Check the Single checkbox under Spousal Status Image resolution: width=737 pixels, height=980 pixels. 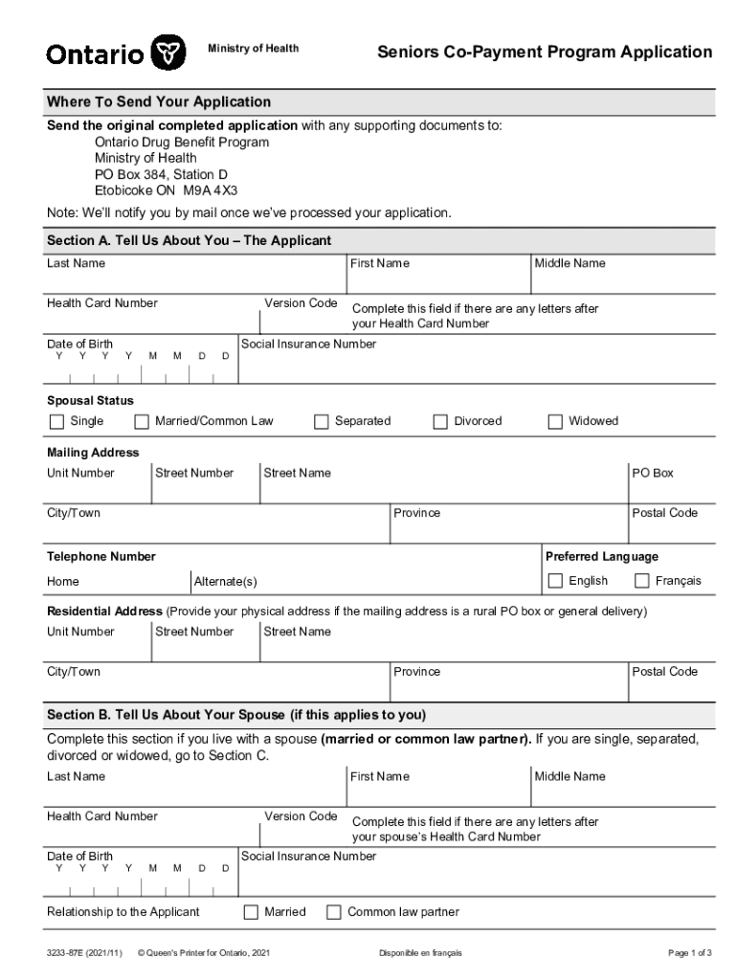click(57, 422)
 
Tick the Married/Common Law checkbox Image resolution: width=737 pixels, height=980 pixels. click(142, 422)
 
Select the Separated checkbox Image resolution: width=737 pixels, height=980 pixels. click(322, 422)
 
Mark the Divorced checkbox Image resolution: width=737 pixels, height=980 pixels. click(440, 422)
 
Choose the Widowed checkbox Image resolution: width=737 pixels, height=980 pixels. click(555, 422)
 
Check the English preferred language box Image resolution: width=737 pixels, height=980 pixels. click(555, 581)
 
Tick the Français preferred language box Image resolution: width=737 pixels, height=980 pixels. click(642, 581)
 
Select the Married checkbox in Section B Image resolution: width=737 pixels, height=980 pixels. click(252, 912)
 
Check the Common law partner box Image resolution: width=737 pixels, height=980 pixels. click(334, 912)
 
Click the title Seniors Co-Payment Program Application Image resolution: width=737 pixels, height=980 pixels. click(544, 52)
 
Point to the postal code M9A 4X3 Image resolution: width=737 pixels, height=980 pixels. click(211, 189)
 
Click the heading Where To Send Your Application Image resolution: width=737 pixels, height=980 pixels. click(159, 101)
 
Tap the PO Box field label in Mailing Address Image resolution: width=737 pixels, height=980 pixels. click(652, 473)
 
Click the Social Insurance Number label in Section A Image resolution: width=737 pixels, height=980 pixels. click(308, 345)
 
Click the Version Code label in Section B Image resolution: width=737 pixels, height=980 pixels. click(301, 816)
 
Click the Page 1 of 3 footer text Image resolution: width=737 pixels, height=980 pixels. click(689, 953)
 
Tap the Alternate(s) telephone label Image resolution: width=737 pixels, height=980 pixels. click(225, 582)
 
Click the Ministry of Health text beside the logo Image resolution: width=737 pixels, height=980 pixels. click(254, 48)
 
